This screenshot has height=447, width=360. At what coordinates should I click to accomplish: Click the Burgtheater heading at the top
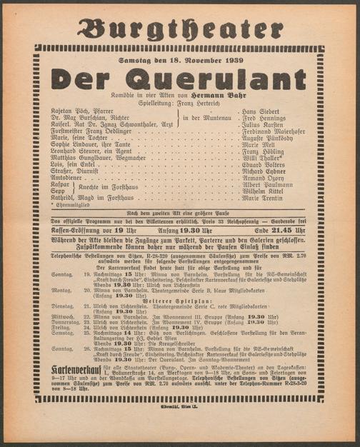(179, 28)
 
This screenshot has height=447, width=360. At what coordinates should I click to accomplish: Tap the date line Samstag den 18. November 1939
(181, 59)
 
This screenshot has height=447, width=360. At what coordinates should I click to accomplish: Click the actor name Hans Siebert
(261, 113)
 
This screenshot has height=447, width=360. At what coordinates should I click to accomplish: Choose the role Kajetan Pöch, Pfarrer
(83, 113)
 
